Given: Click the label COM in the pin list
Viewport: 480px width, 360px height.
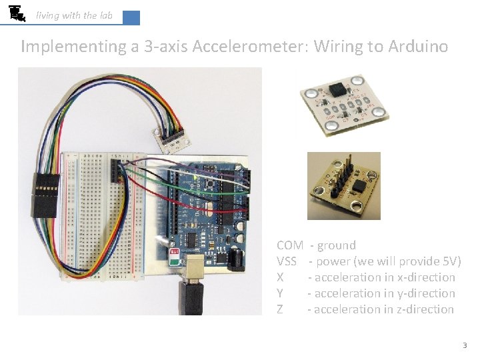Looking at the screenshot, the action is [x=290, y=245].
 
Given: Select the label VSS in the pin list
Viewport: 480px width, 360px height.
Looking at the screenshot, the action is [x=287, y=261].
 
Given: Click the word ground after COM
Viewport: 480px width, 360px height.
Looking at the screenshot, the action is [x=337, y=245].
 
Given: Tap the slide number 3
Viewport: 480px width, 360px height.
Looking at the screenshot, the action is [x=465, y=345].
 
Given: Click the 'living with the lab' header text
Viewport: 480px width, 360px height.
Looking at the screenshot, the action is [x=74, y=15].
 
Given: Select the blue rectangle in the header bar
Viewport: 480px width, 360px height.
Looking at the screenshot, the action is [x=131, y=18].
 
